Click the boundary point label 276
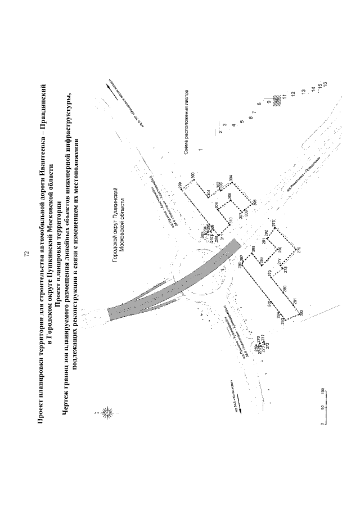[x=274, y=223]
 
